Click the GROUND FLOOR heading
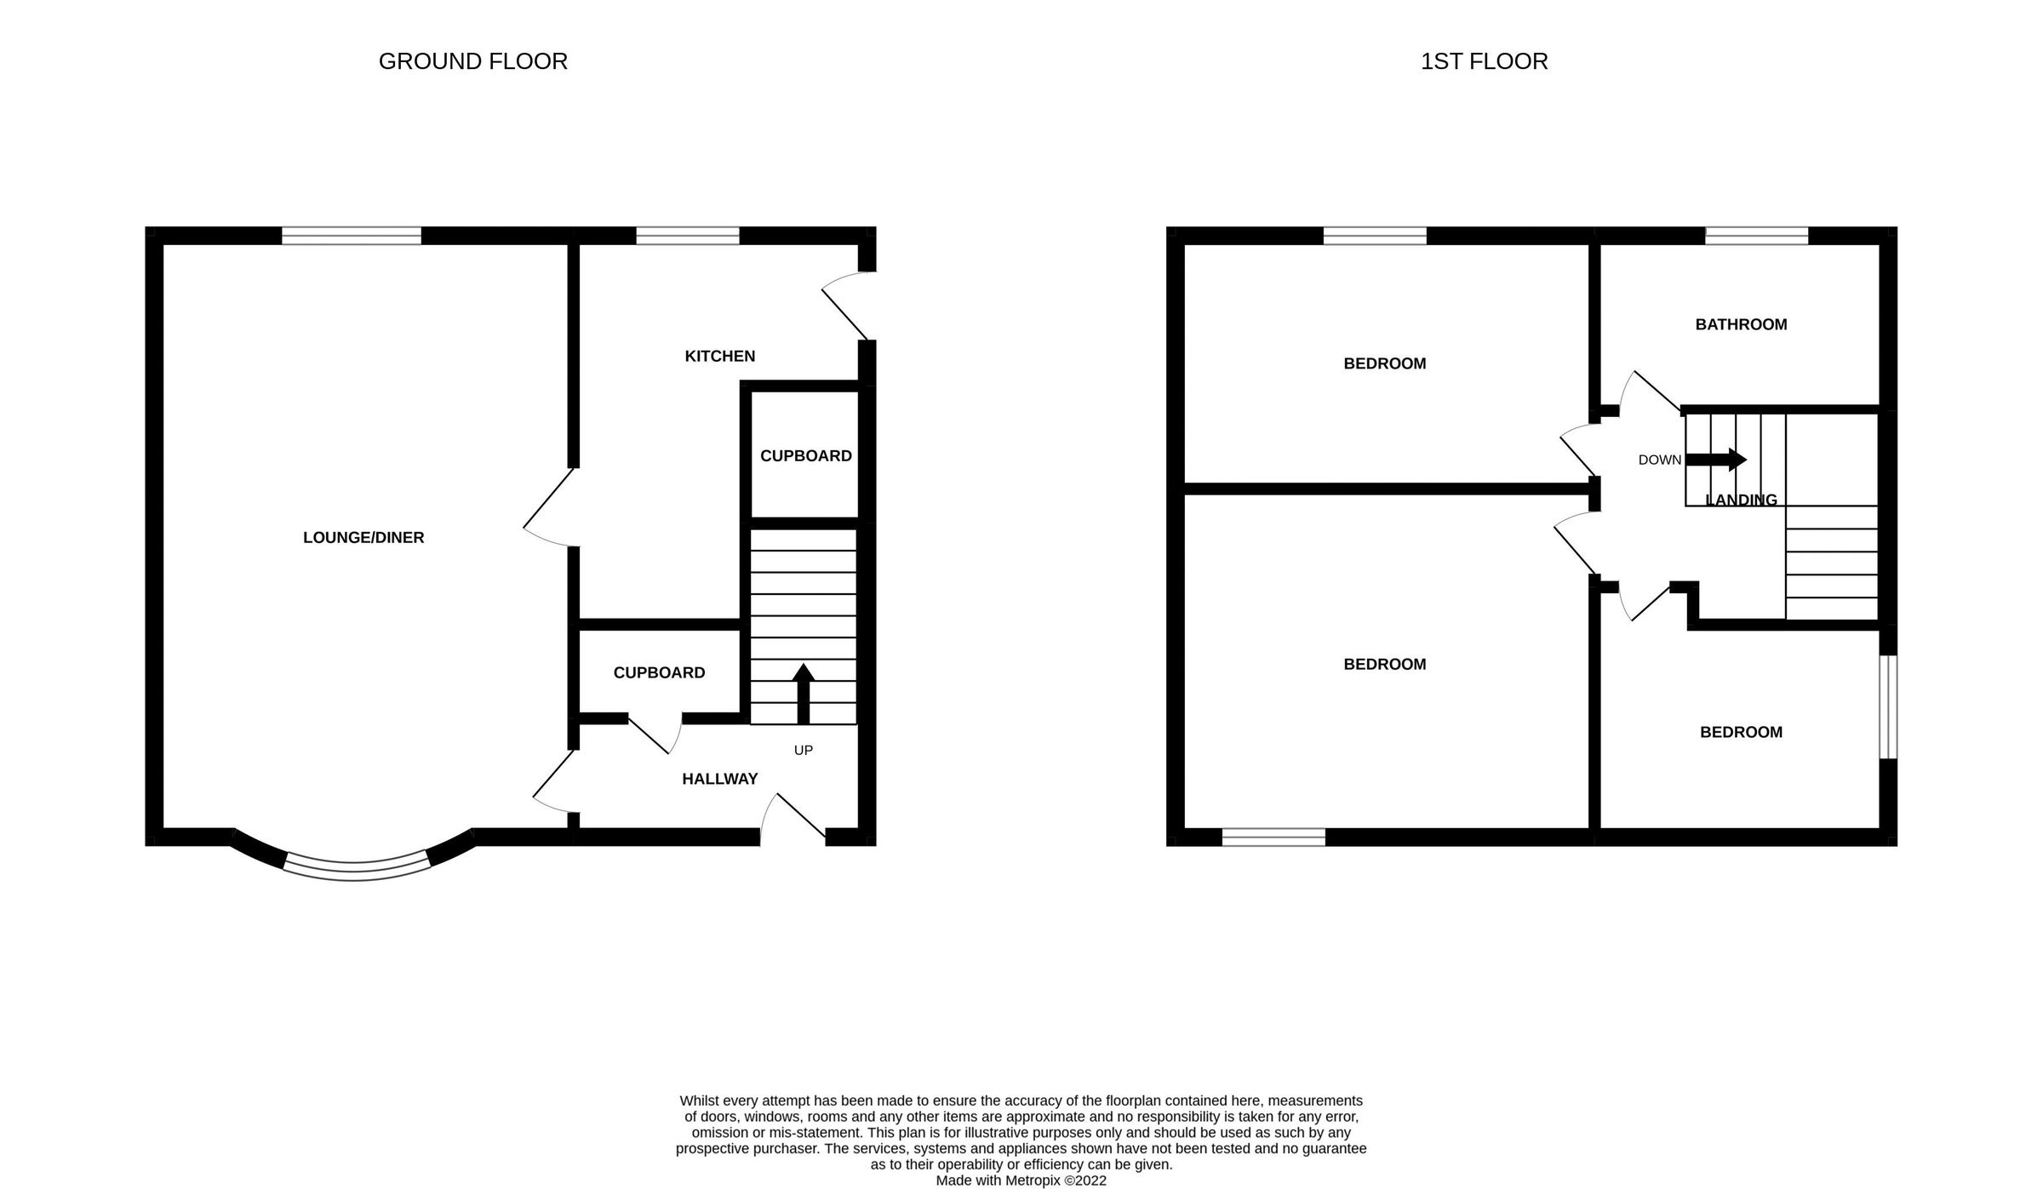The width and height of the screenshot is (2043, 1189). point(472,61)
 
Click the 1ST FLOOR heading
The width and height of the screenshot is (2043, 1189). point(1484,61)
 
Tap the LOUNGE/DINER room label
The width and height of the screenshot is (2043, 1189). point(363,537)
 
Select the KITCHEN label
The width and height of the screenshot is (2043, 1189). point(719,356)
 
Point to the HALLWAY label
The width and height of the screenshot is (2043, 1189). point(719,779)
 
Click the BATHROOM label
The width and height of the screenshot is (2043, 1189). point(1741,324)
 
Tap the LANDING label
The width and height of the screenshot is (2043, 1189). point(1741,500)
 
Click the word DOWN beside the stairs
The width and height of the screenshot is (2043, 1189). point(1659,460)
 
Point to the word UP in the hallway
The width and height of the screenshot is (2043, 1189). point(803,750)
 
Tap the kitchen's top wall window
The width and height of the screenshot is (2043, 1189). point(688,236)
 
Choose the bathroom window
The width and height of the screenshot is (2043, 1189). point(1756,236)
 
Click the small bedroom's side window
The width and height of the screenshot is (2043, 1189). point(1888,706)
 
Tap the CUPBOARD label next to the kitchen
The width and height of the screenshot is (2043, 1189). point(805,455)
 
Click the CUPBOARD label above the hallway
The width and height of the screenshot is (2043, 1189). point(659,672)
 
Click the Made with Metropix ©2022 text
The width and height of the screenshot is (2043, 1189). point(1021,1180)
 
